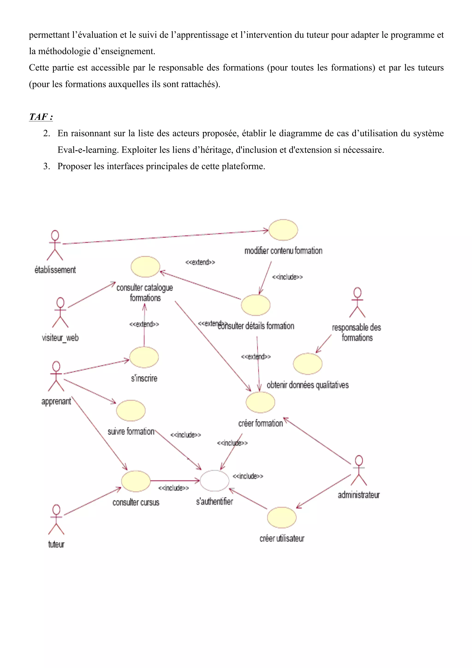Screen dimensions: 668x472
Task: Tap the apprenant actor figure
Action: (x=56, y=376)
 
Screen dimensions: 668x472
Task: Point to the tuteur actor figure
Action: (x=56, y=520)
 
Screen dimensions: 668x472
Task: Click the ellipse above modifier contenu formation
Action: (x=283, y=230)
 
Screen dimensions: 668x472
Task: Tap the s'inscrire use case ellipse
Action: (x=144, y=357)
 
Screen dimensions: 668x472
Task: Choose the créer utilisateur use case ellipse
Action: (x=282, y=518)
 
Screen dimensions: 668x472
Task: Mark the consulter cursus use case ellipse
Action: (x=136, y=481)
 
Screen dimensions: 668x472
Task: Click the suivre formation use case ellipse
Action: (x=131, y=411)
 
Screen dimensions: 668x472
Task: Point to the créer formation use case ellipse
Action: (x=260, y=402)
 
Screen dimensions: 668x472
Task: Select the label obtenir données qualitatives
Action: (x=307, y=385)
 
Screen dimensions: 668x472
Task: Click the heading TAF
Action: (x=41, y=117)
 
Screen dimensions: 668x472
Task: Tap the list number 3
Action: (x=47, y=166)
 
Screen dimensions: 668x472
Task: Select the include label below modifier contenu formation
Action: (x=287, y=277)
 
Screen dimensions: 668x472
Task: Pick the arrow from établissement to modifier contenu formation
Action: (x=166, y=237)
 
